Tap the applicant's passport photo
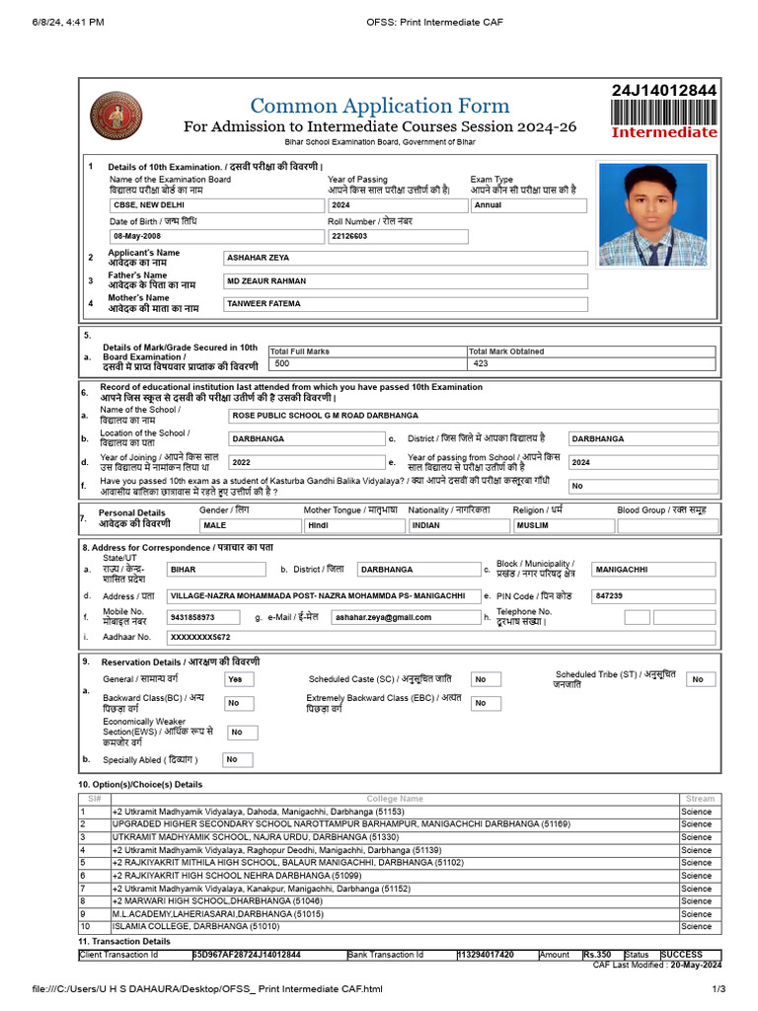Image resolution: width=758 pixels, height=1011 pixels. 652,214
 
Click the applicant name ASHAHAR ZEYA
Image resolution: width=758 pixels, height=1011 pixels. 406,258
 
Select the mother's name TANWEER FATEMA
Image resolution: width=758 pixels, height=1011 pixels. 406,304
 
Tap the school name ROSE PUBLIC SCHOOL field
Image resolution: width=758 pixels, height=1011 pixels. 473,416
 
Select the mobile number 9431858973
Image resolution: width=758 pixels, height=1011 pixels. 206,617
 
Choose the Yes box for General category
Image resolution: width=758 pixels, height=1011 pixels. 238,679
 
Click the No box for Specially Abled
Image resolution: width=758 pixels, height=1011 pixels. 235,759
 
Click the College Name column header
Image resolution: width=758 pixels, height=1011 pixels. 395,798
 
